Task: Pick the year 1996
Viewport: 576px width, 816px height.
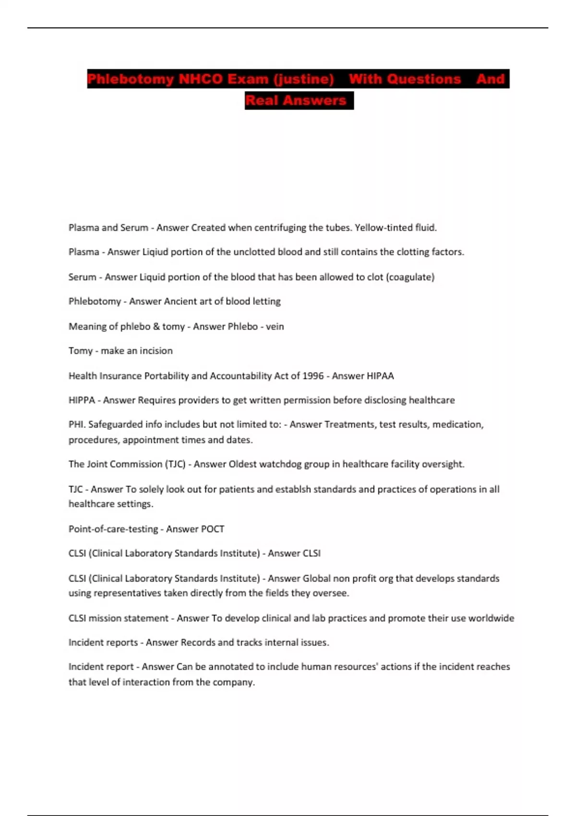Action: pos(313,376)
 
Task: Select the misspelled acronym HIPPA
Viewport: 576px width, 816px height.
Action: pos(82,400)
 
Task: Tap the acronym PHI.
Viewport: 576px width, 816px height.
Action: pos(77,424)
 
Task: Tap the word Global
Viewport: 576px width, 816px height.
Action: pos(316,578)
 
